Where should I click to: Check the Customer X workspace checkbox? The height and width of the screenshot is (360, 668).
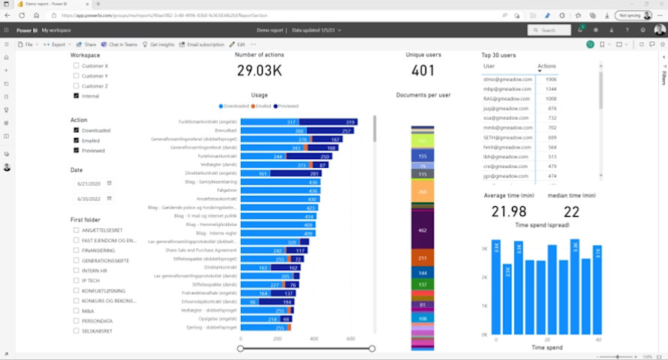pos(77,66)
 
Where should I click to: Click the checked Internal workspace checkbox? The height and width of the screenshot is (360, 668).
pos(77,96)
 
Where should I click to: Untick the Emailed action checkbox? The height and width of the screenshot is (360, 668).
pos(77,140)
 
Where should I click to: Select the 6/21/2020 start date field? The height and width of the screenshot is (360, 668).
pos(89,183)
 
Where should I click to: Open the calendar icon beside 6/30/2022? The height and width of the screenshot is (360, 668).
pos(109,198)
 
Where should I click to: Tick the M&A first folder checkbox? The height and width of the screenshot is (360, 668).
pos(77,310)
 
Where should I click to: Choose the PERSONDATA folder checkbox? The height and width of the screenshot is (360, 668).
pos(77,320)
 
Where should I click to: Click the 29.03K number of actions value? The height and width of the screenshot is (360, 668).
pos(260,71)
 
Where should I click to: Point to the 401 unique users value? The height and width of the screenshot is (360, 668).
pos(423,71)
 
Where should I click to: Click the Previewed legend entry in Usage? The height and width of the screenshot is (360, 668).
pos(286,106)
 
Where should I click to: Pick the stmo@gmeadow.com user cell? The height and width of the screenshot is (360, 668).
pos(508,79)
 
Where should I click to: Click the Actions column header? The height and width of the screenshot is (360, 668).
pos(546,67)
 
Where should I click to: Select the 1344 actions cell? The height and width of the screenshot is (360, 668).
pos(550,88)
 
